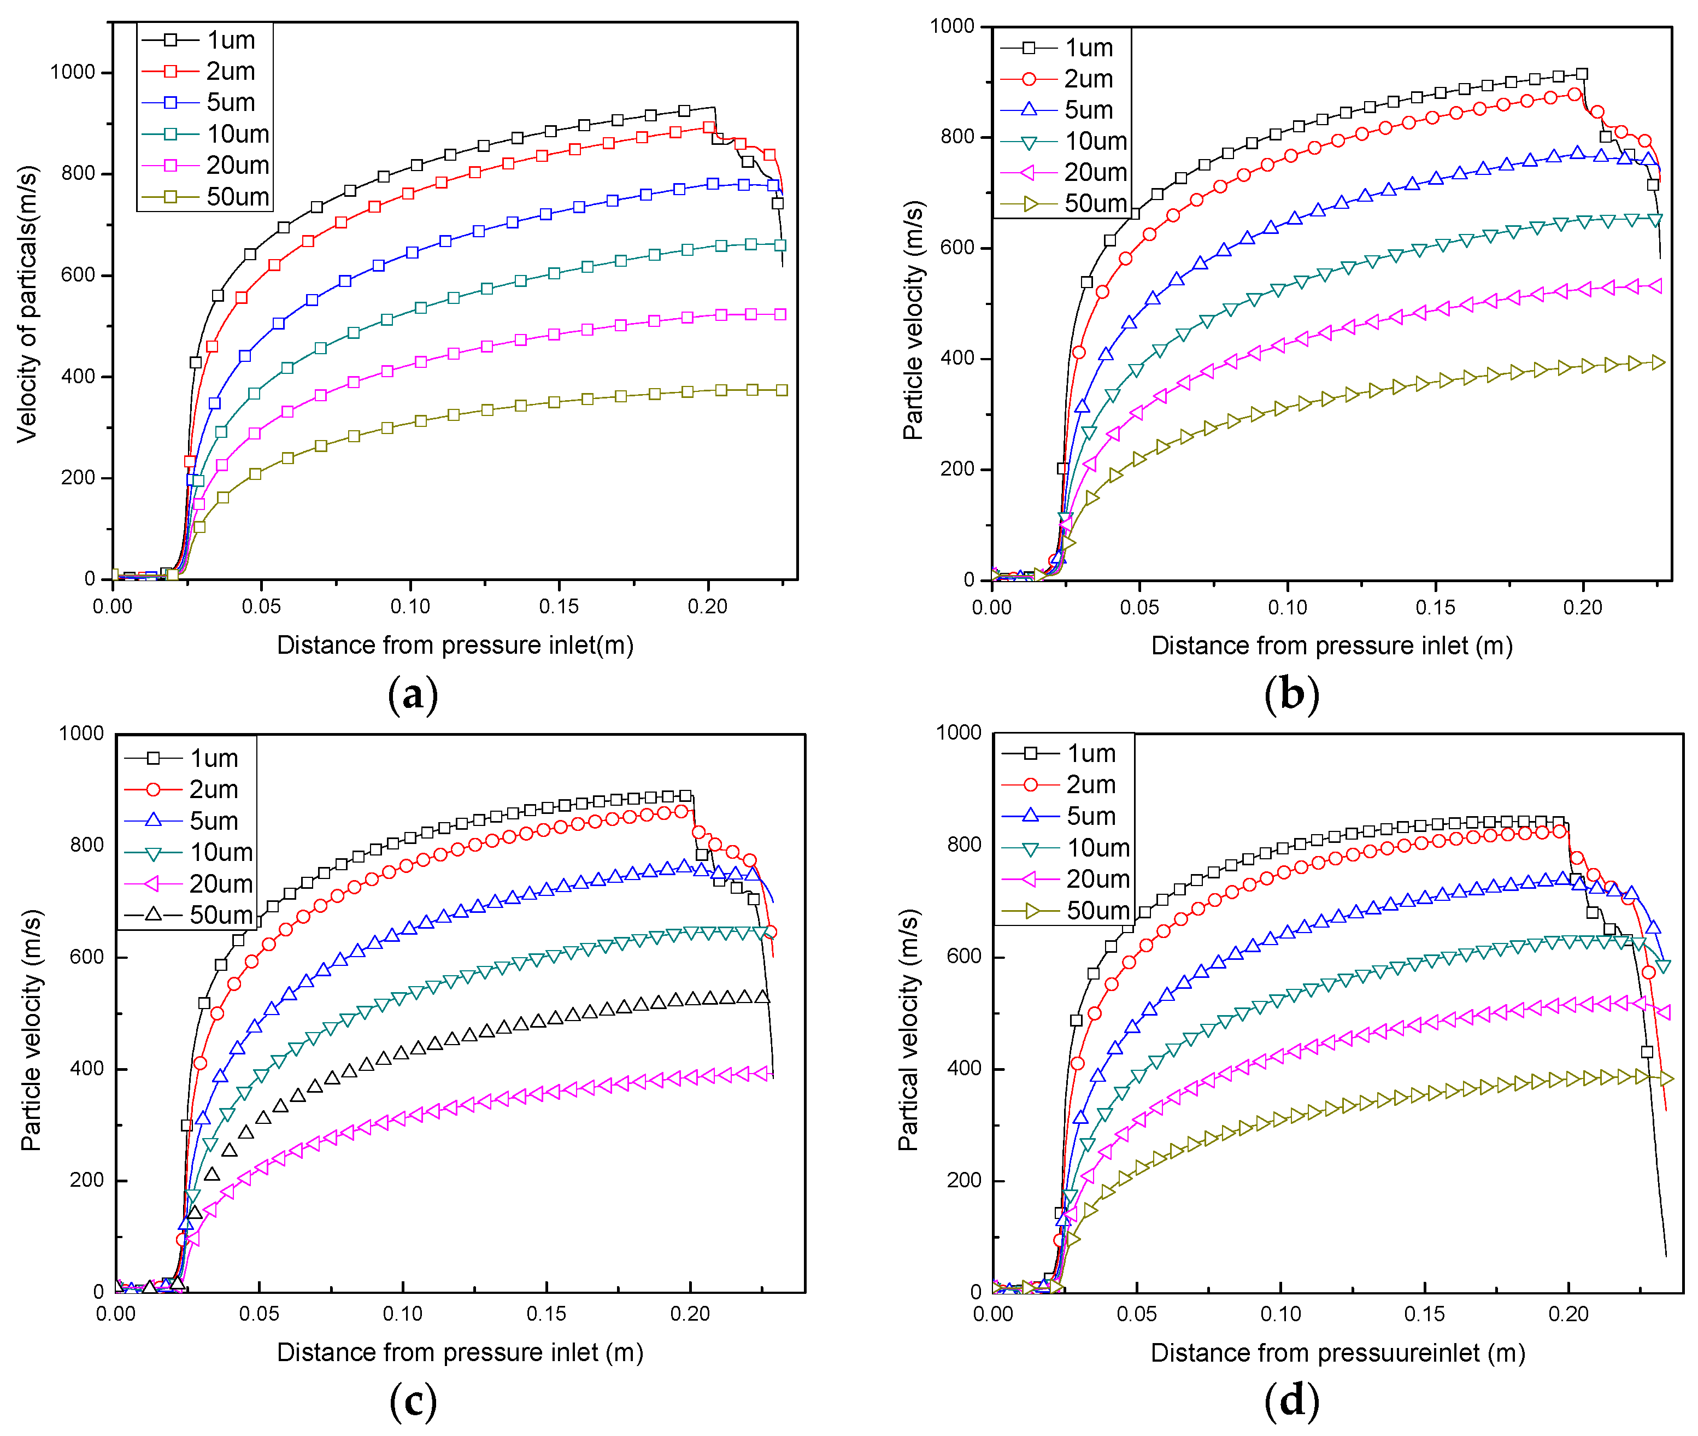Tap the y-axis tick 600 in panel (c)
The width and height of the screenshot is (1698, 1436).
[86, 957]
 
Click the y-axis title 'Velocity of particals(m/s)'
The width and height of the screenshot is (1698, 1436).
[27, 303]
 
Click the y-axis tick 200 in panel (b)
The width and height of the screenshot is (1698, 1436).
[957, 469]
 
